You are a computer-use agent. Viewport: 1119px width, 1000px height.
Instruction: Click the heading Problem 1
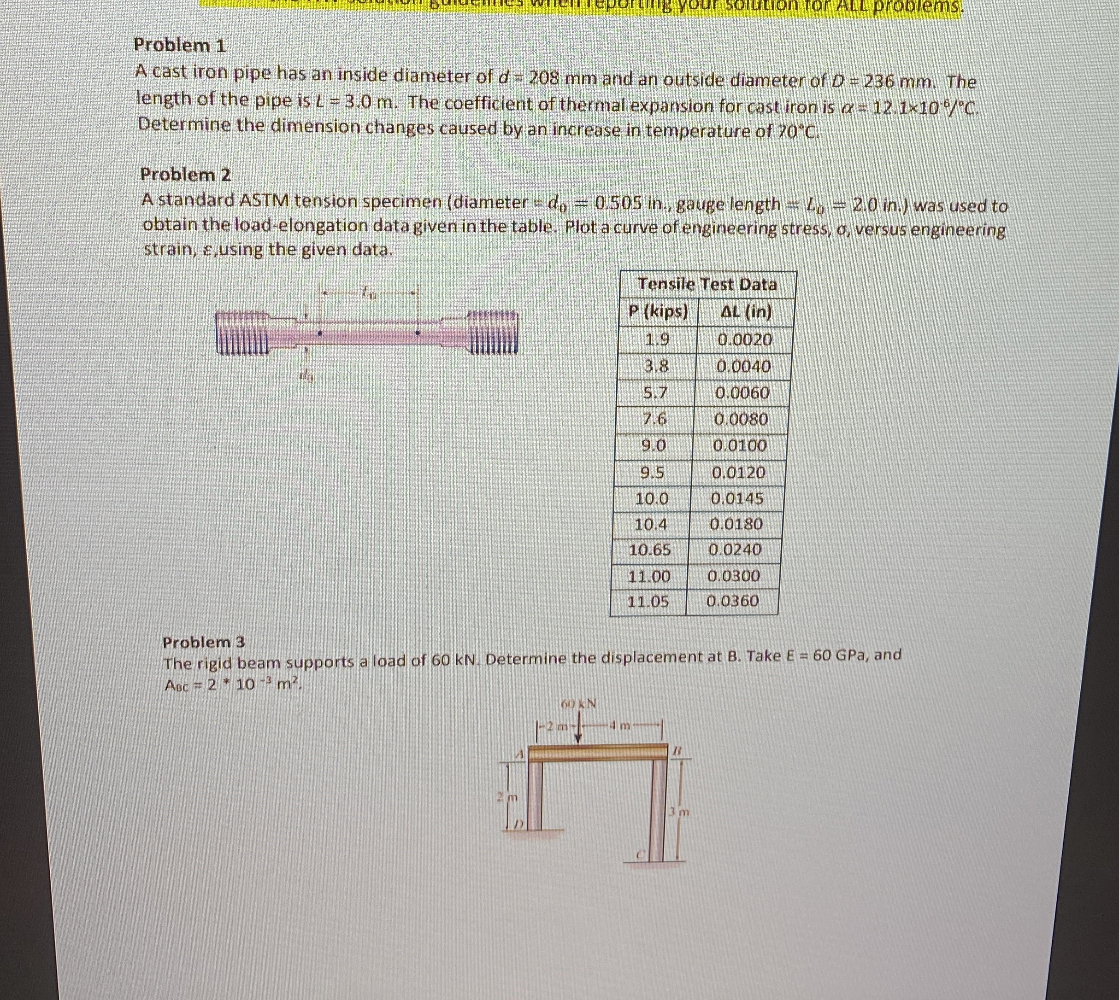click(180, 45)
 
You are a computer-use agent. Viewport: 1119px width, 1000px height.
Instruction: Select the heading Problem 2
click(186, 175)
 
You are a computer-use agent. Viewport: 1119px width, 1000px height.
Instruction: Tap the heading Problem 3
click(204, 642)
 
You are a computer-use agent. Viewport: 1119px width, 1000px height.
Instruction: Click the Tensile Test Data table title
click(707, 285)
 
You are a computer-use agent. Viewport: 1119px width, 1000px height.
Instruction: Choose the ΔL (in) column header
click(746, 312)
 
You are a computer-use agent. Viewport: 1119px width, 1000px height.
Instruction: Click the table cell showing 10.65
click(650, 550)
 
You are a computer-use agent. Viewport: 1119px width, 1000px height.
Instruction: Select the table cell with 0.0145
click(737, 499)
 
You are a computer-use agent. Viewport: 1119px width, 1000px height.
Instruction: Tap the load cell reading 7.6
click(654, 419)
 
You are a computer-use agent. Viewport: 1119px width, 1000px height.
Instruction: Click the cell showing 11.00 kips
click(649, 576)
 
